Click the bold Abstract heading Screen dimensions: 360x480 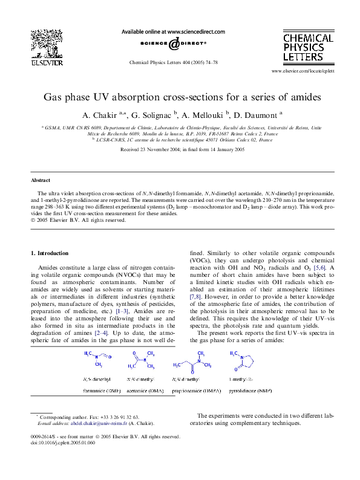pos(41,180)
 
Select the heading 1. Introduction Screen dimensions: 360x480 pos(53,253)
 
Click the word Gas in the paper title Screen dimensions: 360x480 pos(53,97)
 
